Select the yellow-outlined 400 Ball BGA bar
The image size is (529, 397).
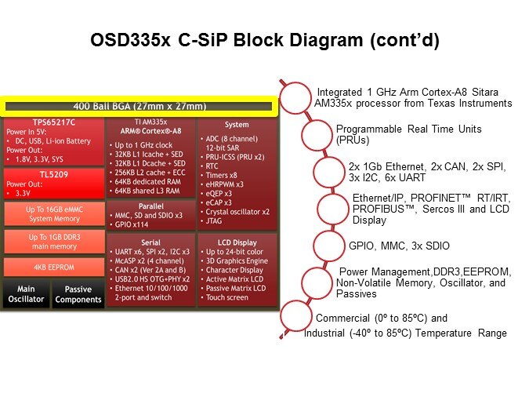point(139,107)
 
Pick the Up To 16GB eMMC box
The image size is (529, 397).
point(53,213)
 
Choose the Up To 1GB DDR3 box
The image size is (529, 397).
point(53,241)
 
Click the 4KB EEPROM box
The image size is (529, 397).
point(53,266)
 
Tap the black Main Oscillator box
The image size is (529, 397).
point(26,293)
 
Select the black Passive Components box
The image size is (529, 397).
point(78,293)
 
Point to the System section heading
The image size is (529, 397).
point(236,124)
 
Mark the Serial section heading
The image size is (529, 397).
point(150,242)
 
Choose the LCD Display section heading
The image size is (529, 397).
point(236,242)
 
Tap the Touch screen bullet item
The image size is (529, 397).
point(228,297)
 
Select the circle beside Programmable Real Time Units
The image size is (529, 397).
point(317,134)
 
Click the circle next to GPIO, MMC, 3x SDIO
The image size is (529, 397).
point(329,246)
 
